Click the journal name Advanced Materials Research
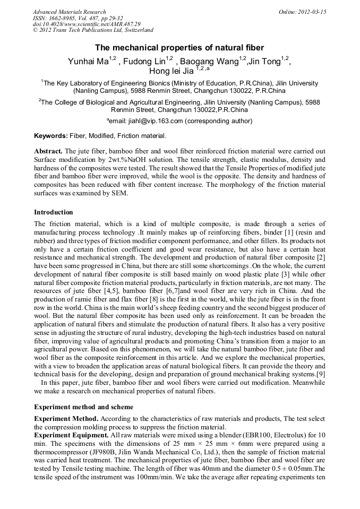point(69,12)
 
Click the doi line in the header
point(87,24)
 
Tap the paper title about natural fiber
point(179,48)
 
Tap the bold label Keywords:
point(50,136)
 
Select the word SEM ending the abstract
point(119,194)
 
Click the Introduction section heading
point(54,212)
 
